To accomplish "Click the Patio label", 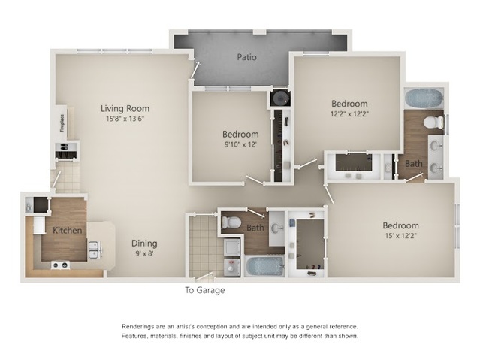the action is click(x=246, y=57).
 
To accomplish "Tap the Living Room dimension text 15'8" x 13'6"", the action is click(x=125, y=119).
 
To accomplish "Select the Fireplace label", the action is click(x=62, y=123).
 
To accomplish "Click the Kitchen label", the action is click(x=68, y=231).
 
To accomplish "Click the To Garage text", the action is click(x=205, y=290).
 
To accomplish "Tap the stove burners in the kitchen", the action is click(x=60, y=265).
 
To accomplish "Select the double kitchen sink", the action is click(x=95, y=250).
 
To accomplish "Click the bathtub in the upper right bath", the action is click(x=424, y=98).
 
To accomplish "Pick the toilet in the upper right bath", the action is click(x=433, y=123).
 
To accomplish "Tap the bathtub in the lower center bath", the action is click(x=265, y=266).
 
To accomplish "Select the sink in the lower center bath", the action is click(x=278, y=228).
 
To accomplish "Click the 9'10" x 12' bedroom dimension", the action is click(x=240, y=144).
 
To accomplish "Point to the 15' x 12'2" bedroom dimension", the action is click(x=400, y=236).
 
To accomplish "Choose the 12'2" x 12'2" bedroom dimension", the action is click(x=349, y=114).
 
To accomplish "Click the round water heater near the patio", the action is click(x=279, y=98).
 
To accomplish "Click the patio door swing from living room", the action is click(x=195, y=70).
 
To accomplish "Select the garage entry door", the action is click(x=204, y=277).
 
